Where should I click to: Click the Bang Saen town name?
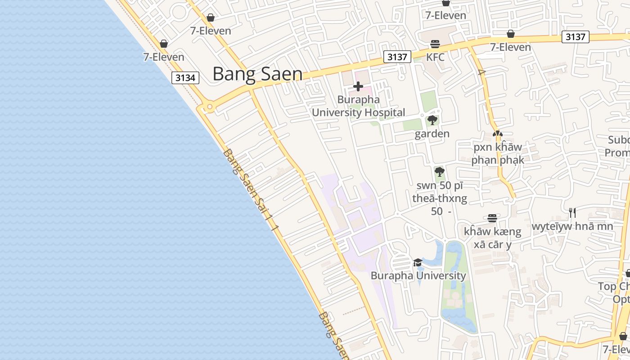click(257, 74)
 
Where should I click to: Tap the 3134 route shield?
click(185, 78)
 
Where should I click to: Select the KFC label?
click(435, 57)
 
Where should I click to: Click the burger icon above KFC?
click(435, 44)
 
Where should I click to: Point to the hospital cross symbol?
click(358, 86)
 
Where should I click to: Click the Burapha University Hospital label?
click(358, 106)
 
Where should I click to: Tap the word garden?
click(432, 134)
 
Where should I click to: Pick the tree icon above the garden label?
click(432, 120)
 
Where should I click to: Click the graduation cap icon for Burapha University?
click(418, 262)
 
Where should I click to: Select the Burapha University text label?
click(418, 275)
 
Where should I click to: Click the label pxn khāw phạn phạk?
click(498, 153)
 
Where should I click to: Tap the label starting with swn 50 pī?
click(440, 198)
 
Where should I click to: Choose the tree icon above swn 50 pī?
click(440, 171)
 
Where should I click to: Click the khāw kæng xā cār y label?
click(492, 238)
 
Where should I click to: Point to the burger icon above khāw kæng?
click(492, 218)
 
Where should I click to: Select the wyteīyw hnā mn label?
click(572, 226)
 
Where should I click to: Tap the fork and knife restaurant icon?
click(572, 212)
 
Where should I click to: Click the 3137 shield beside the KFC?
click(397, 57)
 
